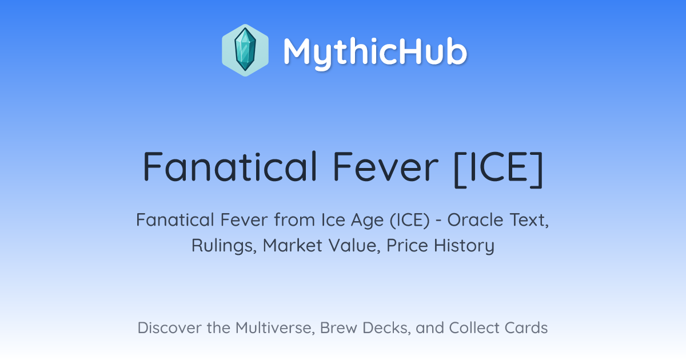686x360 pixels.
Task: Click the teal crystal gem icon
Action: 245,50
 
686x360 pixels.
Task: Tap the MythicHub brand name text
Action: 375,53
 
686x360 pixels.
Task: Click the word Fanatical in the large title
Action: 230,167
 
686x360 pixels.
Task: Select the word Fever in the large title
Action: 386,167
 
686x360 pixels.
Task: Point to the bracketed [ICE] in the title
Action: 498,169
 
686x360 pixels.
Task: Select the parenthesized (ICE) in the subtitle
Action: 410,221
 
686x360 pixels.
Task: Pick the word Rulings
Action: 224,246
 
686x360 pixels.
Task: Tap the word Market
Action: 293,246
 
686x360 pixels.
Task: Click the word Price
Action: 407,246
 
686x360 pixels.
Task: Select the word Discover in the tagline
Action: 169,327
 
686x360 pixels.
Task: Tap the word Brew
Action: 338,327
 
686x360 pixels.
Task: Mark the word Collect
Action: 474,327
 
